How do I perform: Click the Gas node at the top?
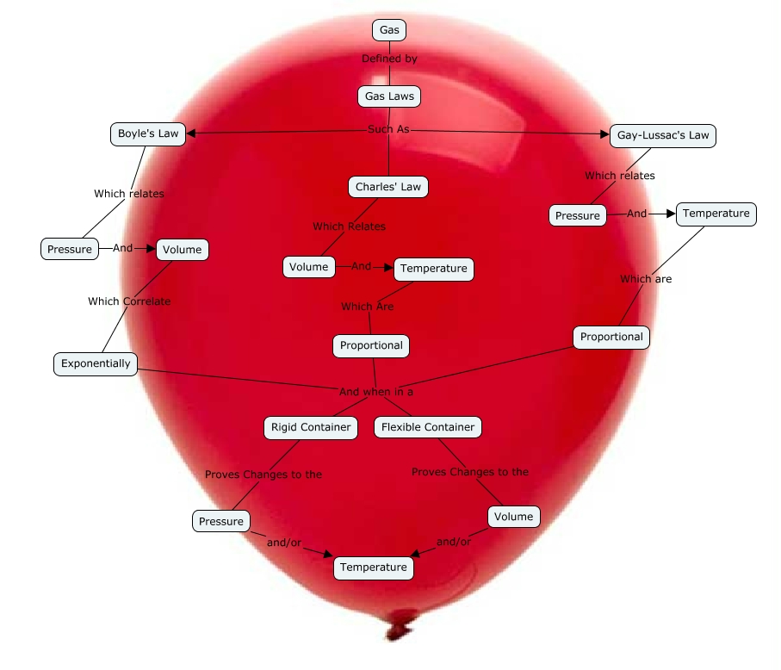(x=389, y=30)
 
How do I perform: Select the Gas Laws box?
(x=389, y=96)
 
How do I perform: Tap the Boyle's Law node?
(x=148, y=134)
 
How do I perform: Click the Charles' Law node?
(x=388, y=187)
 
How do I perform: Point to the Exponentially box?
(x=96, y=363)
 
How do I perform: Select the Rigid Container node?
(x=311, y=427)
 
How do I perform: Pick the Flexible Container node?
(x=427, y=427)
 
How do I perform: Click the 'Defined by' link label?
(x=389, y=59)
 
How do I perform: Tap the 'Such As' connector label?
(x=388, y=129)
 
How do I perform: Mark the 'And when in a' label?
(x=376, y=392)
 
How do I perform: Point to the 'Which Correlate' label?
(x=129, y=301)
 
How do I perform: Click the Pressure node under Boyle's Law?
(x=70, y=250)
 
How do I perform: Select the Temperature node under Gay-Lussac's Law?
(x=716, y=214)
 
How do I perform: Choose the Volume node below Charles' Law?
(x=308, y=267)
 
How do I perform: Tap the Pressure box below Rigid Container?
(x=221, y=521)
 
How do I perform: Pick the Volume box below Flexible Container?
(x=514, y=517)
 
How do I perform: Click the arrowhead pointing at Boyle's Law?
(x=191, y=133)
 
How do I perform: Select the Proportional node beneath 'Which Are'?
(x=371, y=345)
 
